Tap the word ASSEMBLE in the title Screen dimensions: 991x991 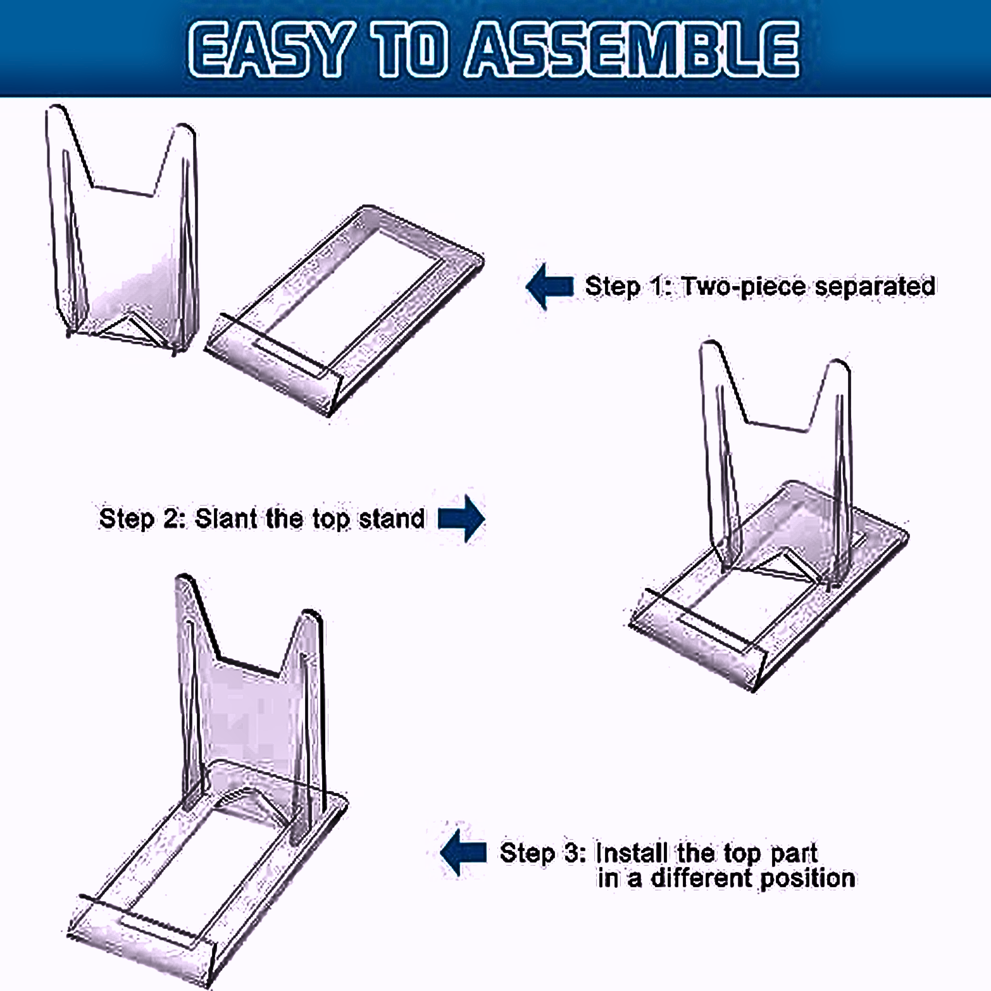[x=632, y=49]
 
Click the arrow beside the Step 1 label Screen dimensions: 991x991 [x=550, y=286]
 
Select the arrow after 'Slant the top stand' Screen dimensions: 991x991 [x=462, y=518]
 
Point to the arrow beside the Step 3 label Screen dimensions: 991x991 [x=464, y=852]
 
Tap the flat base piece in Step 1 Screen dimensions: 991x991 [x=345, y=310]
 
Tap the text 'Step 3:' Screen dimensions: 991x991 [x=543, y=853]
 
